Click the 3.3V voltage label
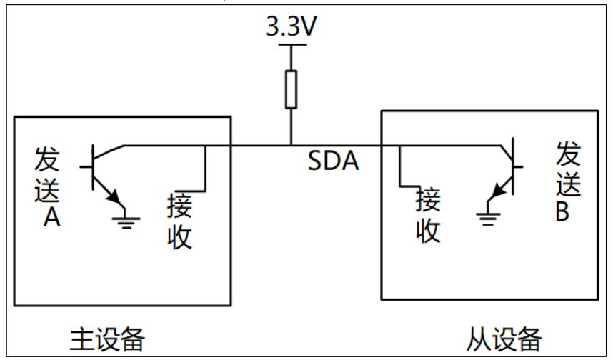pos(291,28)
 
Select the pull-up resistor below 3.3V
pos(291,89)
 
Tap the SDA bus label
pos(333,161)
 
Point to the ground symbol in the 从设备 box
pos(488,216)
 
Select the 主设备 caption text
pos(107,339)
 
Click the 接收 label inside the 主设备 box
pos(179,221)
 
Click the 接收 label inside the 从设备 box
pos(429,216)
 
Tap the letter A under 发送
pos(51,219)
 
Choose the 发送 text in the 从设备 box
pos(569,170)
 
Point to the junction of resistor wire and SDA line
pos(291,146)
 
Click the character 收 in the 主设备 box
pos(179,236)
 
